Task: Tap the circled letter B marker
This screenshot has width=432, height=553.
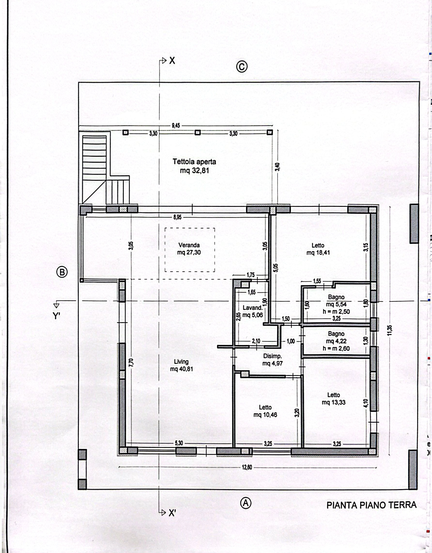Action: pos(62,272)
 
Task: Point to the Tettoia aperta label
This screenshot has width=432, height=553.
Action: pos(194,166)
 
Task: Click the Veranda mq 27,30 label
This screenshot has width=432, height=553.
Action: pos(189,249)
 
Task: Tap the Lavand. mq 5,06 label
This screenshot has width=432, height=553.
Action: pos(252,312)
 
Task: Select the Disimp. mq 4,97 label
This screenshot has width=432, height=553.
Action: pos(272,360)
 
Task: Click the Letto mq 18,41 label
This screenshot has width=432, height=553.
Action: pos(318,249)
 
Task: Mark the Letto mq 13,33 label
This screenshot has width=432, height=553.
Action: pos(334,399)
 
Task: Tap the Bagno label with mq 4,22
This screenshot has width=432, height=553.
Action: pos(336,341)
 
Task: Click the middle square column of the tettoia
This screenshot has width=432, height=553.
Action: pos(198,132)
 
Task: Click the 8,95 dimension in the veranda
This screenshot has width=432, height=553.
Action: pos(177,217)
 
